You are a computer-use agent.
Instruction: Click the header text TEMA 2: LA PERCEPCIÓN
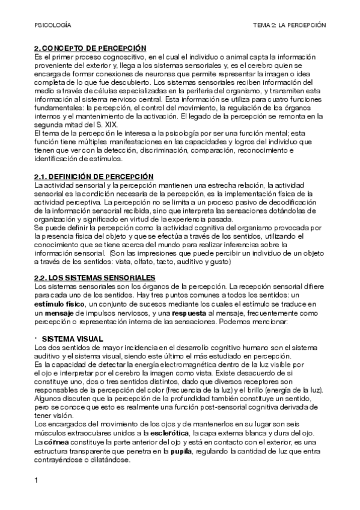point(289,26)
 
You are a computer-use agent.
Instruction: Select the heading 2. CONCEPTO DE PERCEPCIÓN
point(90,48)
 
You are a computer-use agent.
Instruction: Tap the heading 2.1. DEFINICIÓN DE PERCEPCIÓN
point(93,176)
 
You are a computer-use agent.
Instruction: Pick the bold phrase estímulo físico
point(59,306)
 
